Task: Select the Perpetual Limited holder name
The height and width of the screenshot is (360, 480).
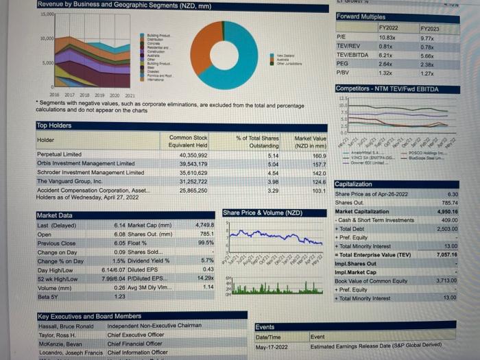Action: pos(59,155)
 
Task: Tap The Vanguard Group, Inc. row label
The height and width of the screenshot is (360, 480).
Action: pos(69,180)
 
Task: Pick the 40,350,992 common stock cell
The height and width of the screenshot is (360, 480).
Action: pos(192,155)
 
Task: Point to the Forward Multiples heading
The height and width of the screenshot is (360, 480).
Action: pos(361,16)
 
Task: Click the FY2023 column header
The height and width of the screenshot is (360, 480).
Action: pos(429,29)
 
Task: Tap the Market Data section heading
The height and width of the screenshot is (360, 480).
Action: pos(56,215)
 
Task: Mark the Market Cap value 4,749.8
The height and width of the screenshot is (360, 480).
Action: pos(205,224)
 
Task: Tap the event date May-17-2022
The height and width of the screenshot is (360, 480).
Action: pos(270,346)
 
